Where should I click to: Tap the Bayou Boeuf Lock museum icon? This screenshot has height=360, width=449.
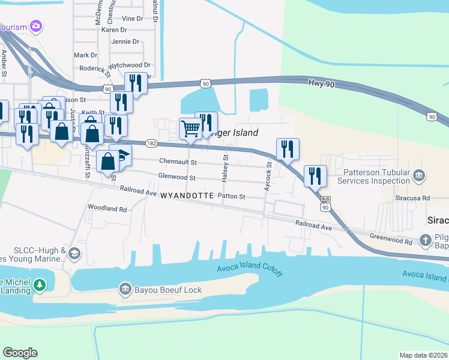coord(125,290)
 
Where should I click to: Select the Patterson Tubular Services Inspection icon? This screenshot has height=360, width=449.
coord(420,176)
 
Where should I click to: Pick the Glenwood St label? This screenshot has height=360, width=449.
coord(176,178)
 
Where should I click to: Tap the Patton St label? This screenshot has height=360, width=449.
coord(232,196)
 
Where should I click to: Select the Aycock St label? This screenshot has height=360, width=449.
coord(269,176)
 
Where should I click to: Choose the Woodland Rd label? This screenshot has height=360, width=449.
coord(107,209)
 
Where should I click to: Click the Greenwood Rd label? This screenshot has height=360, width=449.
coord(391,239)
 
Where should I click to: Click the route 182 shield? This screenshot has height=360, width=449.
coord(151,143)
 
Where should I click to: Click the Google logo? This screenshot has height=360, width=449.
coord(20,353)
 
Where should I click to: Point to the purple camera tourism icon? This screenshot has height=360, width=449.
coord(36,26)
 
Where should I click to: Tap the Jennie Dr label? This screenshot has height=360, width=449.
coord(125,42)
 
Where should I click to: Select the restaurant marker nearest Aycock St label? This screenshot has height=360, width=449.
coord(288,149)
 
